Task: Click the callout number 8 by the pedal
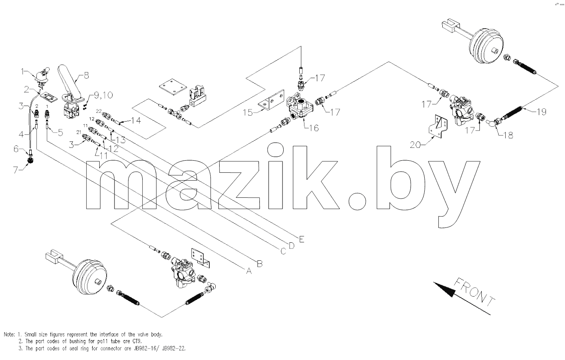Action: [86, 75]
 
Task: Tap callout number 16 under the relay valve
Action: [314, 128]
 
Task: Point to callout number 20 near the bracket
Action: [415, 145]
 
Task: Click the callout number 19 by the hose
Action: [541, 112]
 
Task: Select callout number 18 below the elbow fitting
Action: [508, 136]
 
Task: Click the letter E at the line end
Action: [301, 239]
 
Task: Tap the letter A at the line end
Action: [249, 271]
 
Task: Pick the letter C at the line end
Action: [283, 251]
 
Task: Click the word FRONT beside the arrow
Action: [474, 293]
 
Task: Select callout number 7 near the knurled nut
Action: [16, 170]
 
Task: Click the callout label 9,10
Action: [104, 95]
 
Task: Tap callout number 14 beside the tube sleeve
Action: [136, 121]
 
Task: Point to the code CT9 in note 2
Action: [137, 341]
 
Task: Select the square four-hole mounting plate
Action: [173, 87]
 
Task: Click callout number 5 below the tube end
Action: [60, 133]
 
